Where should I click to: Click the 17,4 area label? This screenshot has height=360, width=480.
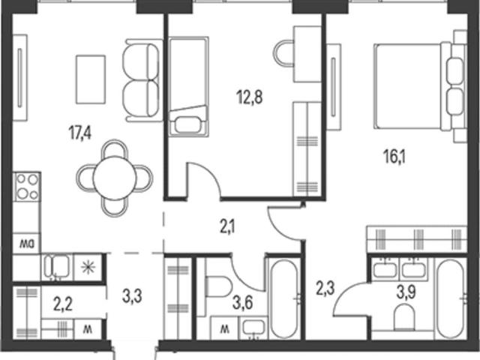(80, 133)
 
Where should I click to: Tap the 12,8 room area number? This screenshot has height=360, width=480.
(249, 97)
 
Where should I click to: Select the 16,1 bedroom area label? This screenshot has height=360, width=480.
(394, 157)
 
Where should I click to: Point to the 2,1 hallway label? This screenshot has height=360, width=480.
(227, 227)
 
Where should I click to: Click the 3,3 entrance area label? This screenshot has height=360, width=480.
(132, 296)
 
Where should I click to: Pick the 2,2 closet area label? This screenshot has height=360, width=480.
(63, 304)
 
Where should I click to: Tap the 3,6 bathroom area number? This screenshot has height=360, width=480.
(242, 303)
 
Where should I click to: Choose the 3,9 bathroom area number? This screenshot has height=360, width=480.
(406, 292)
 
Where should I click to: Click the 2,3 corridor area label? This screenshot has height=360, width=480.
(325, 289)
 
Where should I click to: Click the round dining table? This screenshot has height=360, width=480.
(115, 178)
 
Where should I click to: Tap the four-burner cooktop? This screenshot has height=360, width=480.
(27, 187)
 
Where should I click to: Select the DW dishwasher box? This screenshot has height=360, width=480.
(27, 243)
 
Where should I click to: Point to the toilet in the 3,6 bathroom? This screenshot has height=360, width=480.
(218, 286)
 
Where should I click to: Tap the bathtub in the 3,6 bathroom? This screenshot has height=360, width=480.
(284, 298)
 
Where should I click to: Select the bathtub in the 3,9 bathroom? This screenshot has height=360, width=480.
(450, 298)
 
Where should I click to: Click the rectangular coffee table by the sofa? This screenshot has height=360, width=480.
(91, 79)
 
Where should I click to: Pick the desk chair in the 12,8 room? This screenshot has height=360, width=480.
(283, 53)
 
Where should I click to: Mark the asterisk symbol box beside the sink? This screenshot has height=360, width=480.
(88, 267)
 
